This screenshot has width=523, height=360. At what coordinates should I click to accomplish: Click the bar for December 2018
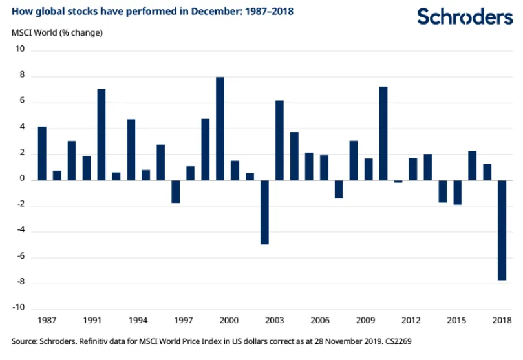pyautogui.click(x=502, y=229)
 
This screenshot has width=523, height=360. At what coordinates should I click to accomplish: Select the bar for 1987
pyautogui.click(x=42, y=153)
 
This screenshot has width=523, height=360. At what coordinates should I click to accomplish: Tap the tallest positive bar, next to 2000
pyautogui.click(x=220, y=128)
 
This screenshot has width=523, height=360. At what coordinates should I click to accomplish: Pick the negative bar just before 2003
pyautogui.click(x=264, y=212)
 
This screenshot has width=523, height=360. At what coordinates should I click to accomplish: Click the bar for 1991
pyautogui.click(x=101, y=134)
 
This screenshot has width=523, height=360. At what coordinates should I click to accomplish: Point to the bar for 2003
pyautogui.click(x=279, y=140)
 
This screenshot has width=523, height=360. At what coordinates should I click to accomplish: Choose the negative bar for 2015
pyautogui.click(x=457, y=192)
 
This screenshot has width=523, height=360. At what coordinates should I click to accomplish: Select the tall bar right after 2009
pyautogui.click(x=383, y=133)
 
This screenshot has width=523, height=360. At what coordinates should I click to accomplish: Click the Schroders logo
pyautogui.click(x=464, y=17)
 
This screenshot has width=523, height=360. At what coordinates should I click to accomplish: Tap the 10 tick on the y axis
pyautogui.click(x=19, y=50)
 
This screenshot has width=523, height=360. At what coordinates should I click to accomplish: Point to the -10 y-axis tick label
pyautogui.click(x=17, y=308)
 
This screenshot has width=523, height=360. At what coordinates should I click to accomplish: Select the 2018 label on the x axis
pyautogui.click(x=502, y=321)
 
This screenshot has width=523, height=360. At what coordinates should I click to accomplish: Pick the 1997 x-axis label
pyautogui.click(x=184, y=321)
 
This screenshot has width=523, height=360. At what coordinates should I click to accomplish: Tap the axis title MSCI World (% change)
pyautogui.click(x=57, y=32)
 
